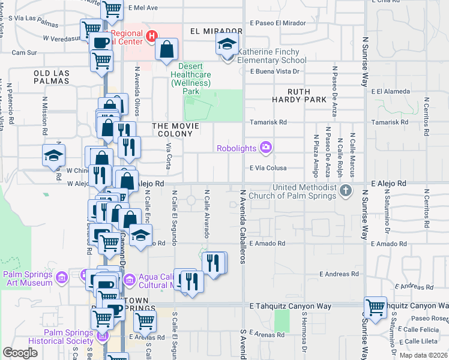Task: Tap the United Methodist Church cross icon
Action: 345,191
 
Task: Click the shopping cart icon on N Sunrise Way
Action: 376,307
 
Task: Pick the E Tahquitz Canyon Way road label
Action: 290,306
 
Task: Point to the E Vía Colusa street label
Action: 276,169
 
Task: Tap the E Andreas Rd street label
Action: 339,274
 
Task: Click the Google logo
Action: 20,353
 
